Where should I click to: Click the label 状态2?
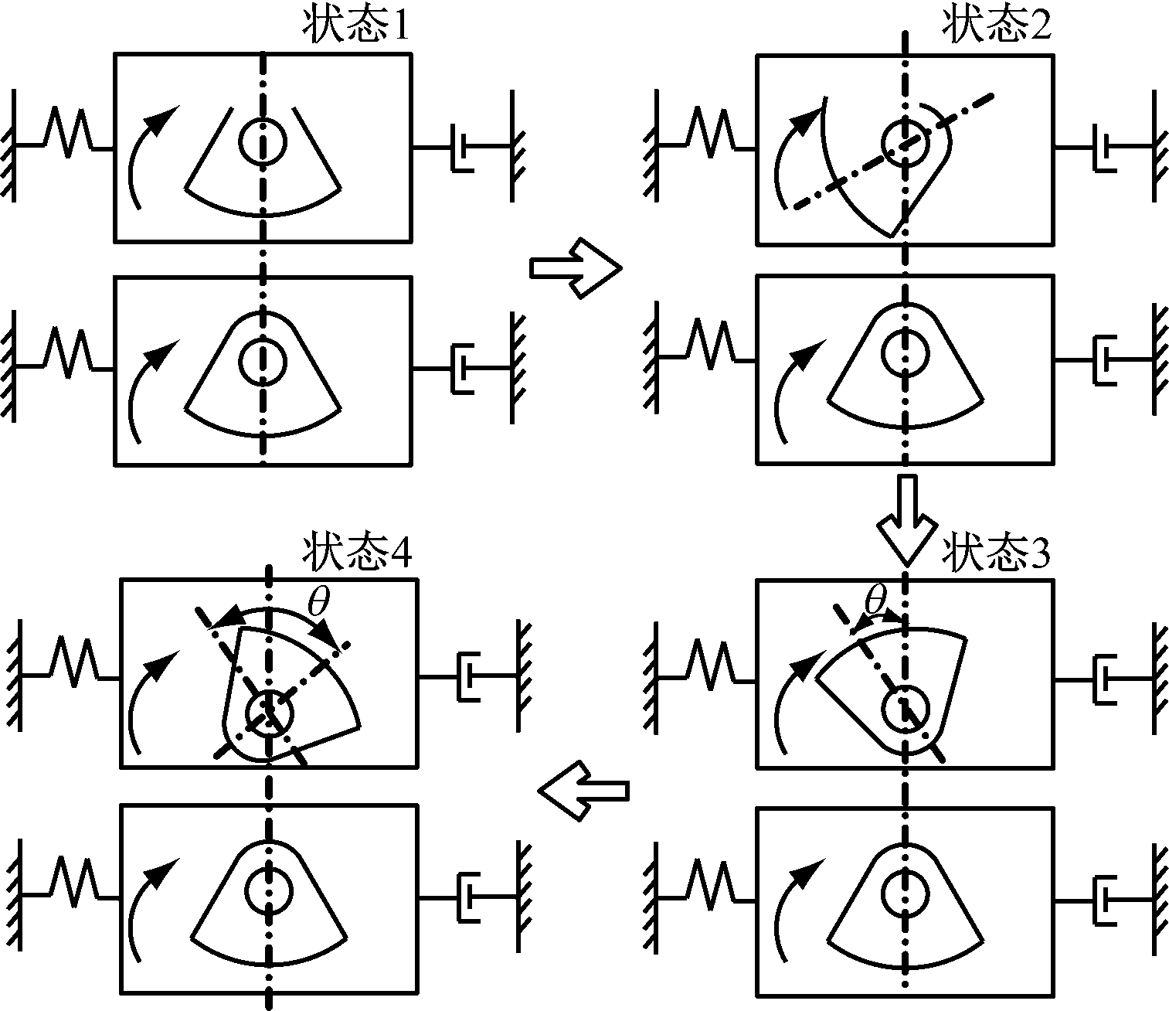coord(997,27)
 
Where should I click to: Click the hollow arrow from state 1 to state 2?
coord(576,267)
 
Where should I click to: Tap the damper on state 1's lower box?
coord(462,368)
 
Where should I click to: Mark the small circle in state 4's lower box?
coord(270,890)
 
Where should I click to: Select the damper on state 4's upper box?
coord(468,677)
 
